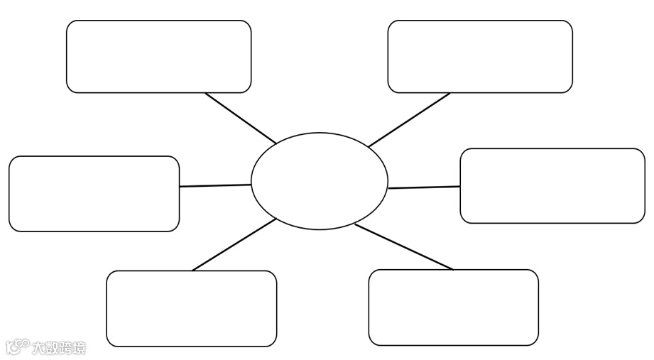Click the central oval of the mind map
point(320,181)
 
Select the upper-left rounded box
point(158,57)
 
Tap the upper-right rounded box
point(480,57)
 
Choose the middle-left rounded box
point(94,194)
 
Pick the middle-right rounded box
point(552,186)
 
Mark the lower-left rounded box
point(191,308)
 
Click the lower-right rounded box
point(453,307)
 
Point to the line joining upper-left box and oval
point(240,118)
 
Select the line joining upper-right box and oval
point(410,119)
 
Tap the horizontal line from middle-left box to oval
point(215,185)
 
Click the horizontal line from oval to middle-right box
point(424,187)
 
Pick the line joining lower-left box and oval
point(234,245)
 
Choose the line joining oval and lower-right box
point(403,247)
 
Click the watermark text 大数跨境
point(58,348)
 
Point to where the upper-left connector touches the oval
point(276,143)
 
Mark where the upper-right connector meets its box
point(449,93)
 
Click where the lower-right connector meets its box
point(452,269)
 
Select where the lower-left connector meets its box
point(192,271)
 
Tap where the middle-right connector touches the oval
point(388,188)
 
